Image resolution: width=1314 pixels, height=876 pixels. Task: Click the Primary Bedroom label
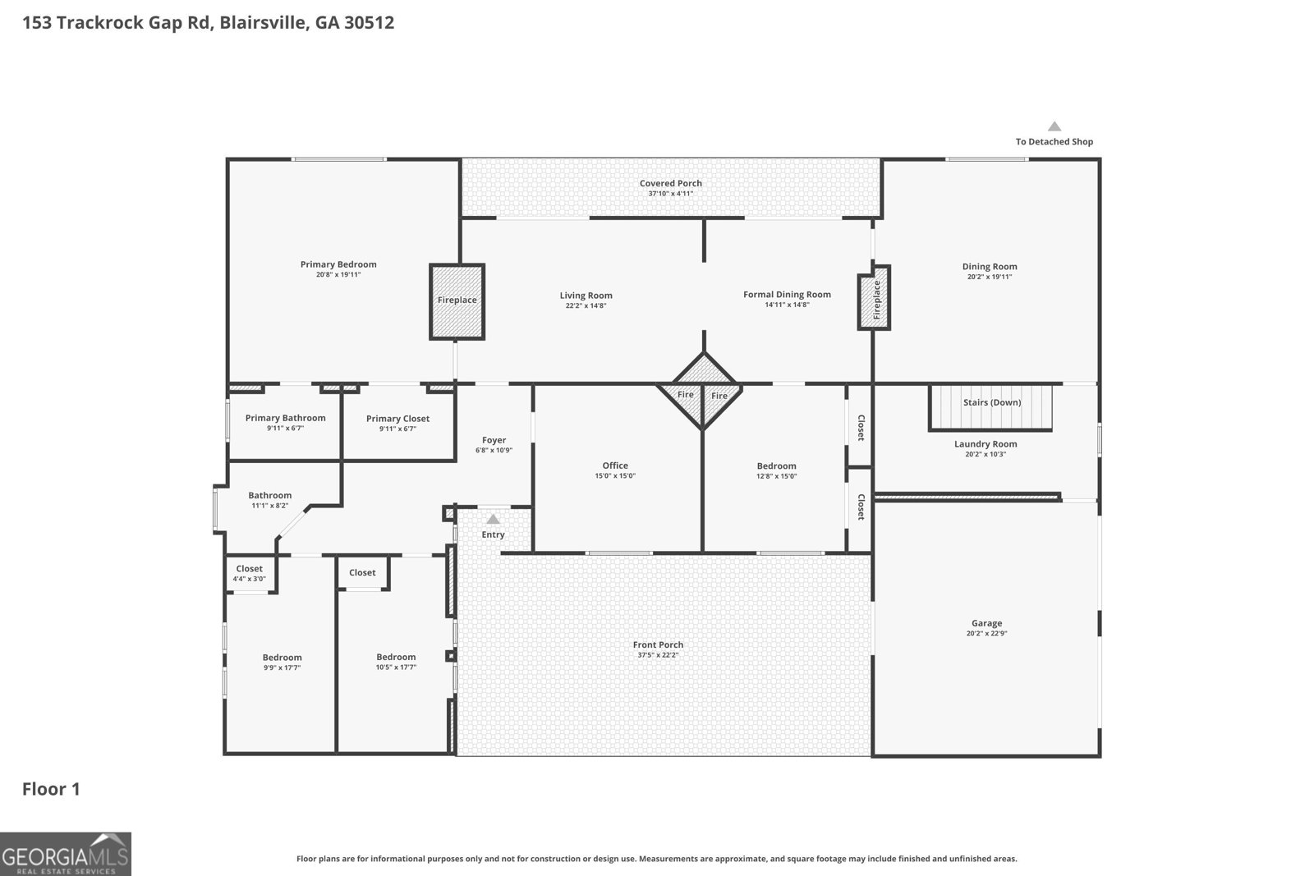(338, 264)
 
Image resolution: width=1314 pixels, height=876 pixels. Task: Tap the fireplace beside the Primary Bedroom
(457, 301)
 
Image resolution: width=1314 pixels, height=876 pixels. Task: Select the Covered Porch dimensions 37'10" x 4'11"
(670, 194)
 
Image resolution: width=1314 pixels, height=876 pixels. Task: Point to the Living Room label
(586, 296)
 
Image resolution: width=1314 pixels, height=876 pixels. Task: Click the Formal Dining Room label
(788, 295)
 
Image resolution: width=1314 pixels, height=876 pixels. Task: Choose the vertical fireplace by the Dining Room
(874, 297)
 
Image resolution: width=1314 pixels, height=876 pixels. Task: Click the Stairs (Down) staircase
(990, 407)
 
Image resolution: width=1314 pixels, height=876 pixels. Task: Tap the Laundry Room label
(985, 444)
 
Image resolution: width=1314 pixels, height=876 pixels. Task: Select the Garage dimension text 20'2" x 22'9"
(986, 633)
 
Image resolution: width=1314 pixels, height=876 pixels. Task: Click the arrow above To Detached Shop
(1054, 126)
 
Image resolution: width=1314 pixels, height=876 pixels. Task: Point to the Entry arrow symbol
(493, 519)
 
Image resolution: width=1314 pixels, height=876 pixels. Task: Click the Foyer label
(494, 440)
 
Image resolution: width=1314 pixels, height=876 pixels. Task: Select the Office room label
(615, 466)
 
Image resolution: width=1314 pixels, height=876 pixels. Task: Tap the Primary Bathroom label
(285, 418)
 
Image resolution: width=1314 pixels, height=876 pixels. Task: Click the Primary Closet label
(397, 419)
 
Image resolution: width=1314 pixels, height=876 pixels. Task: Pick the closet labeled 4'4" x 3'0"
(250, 573)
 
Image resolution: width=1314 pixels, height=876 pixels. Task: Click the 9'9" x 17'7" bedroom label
(283, 658)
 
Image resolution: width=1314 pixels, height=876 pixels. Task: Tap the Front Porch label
(658, 644)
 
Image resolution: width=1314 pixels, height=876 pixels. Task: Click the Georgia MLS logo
(66, 855)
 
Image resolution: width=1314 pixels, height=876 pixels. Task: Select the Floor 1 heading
(51, 789)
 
